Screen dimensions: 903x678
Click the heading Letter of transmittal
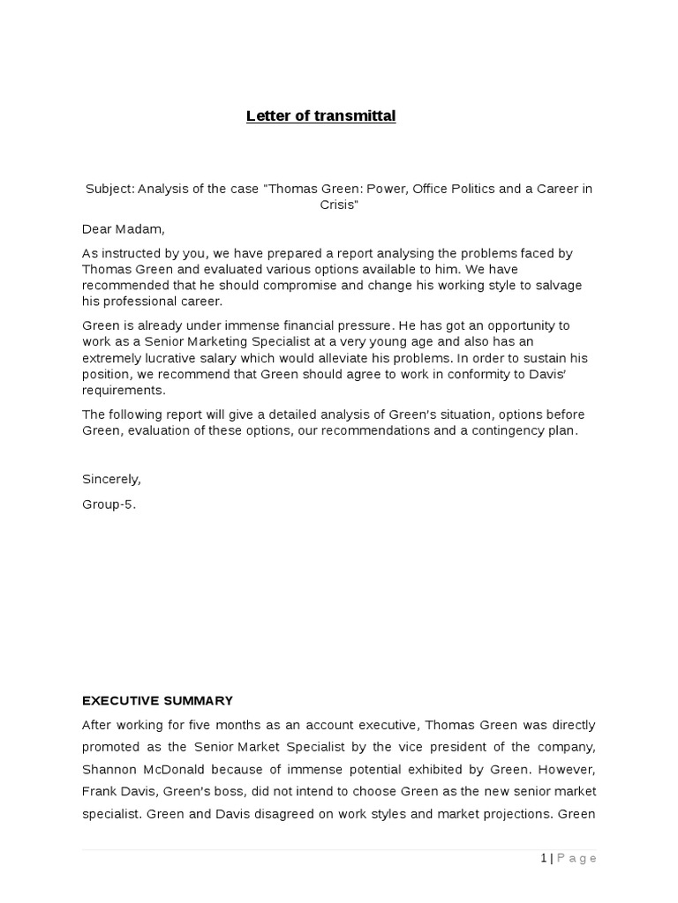320,116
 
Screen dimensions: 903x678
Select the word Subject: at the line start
109,190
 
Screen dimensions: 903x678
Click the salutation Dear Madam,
124,229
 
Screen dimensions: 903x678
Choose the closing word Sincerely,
111,480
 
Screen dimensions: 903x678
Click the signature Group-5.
109,505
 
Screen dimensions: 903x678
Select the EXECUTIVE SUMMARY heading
157,701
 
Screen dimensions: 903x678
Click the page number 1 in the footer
544,858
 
